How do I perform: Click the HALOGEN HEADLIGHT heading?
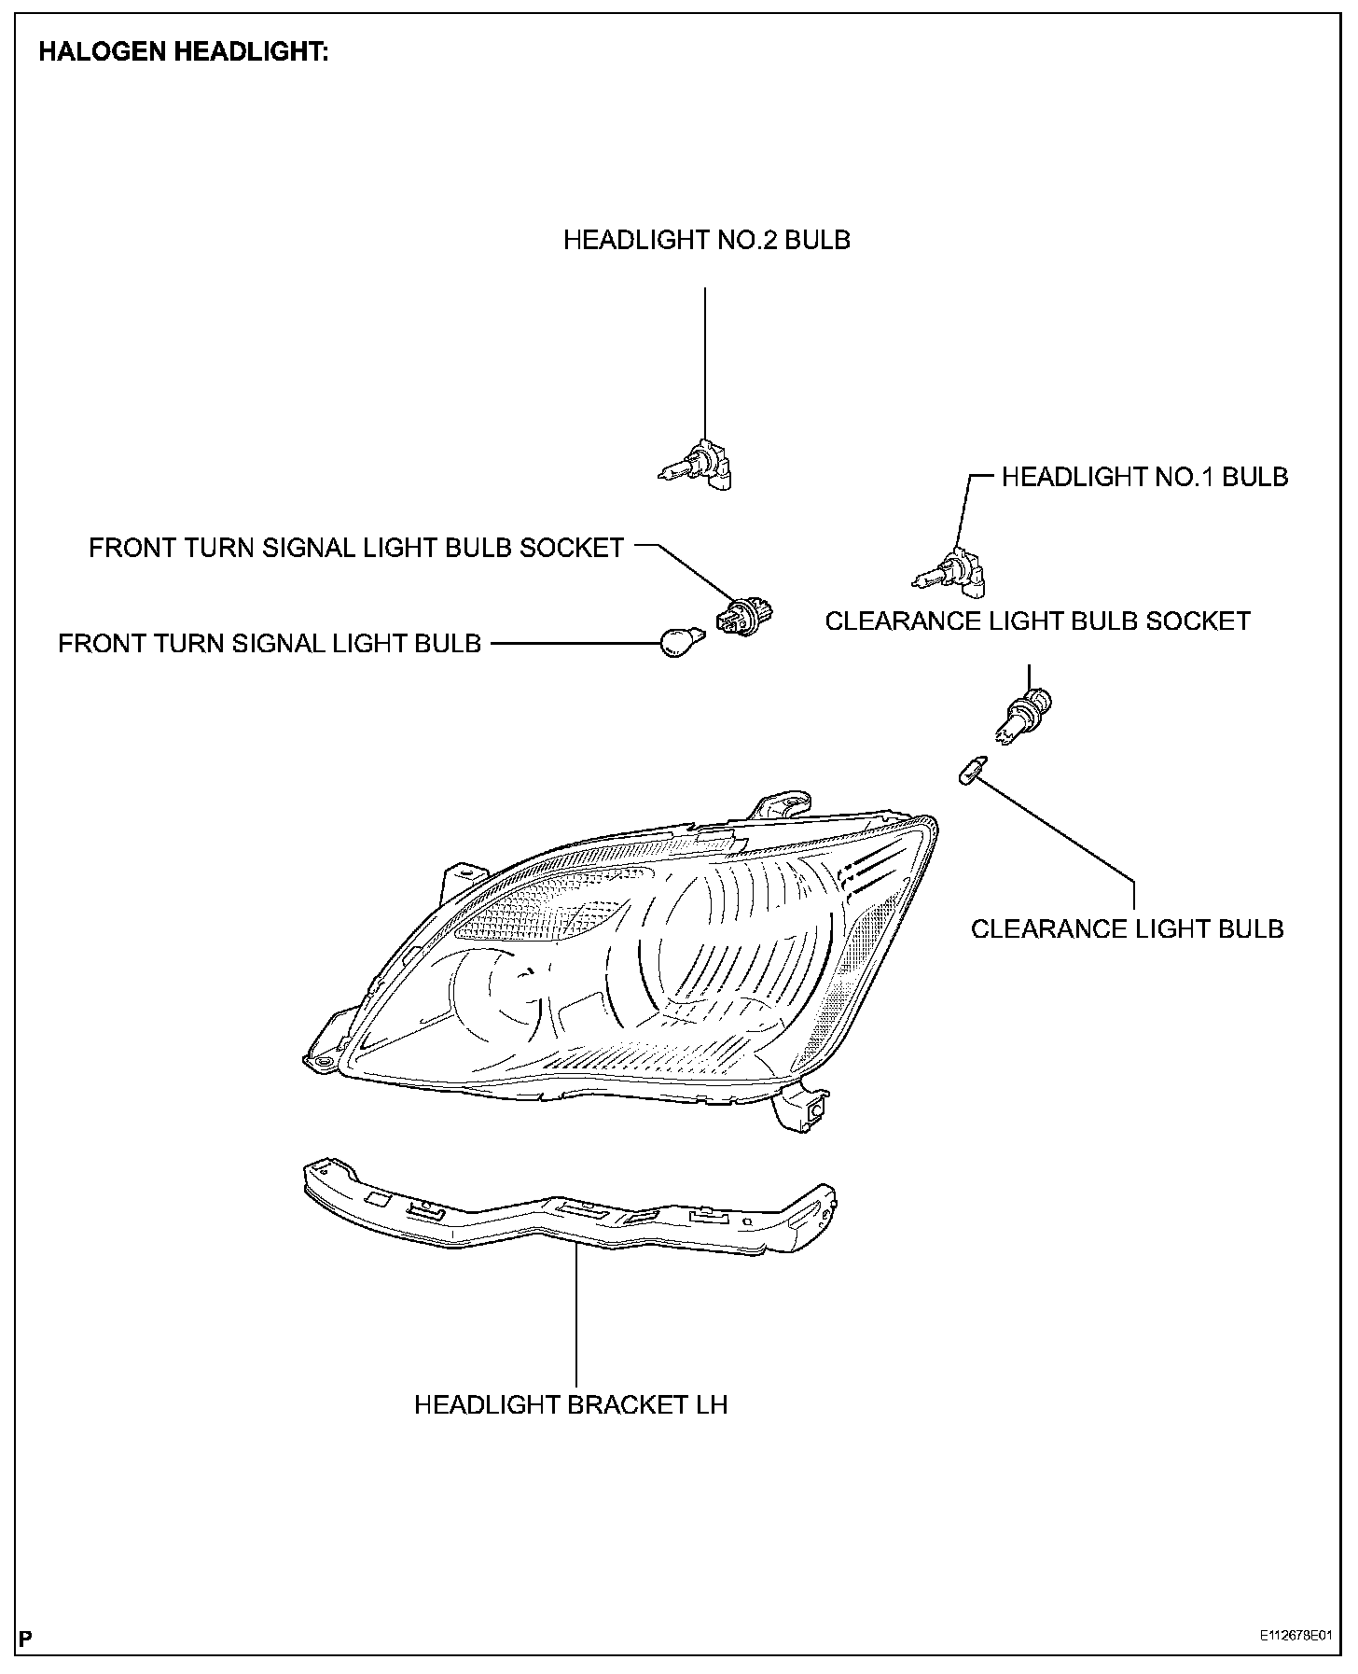183,52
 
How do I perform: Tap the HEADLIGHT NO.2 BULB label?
706,240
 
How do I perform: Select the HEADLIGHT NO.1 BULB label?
1144,477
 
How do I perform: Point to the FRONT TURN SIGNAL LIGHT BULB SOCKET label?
356,548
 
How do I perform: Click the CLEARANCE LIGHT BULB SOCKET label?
1037,621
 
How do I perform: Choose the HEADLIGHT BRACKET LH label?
571,1404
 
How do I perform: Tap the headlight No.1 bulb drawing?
951,571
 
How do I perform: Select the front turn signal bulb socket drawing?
742,618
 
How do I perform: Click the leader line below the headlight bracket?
577,1316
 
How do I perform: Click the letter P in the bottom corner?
26,1638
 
